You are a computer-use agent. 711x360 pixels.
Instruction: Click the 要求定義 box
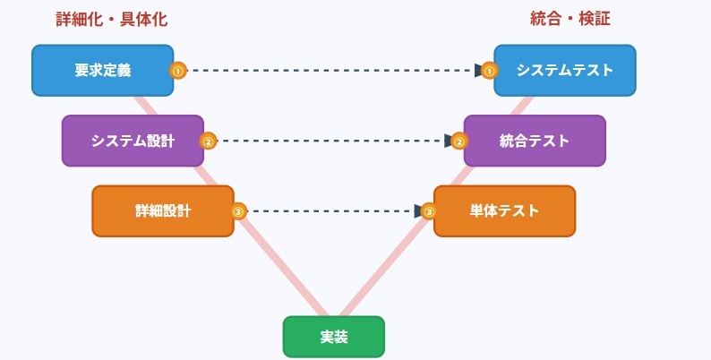point(103,70)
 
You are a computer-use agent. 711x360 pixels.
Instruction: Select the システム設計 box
point(133,141)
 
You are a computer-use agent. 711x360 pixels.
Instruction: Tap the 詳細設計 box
point(163,211)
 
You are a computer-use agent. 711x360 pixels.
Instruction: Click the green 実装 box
point(334,337)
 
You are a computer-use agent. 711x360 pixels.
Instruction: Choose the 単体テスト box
point(504,211)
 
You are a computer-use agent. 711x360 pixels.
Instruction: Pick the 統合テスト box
point(535,141)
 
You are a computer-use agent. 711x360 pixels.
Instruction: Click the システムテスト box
point(565,70)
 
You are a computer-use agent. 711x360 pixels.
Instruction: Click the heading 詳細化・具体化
point(112,19)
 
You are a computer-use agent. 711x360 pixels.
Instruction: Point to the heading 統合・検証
point(570,19)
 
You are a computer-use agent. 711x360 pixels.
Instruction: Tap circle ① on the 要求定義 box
point(177,70)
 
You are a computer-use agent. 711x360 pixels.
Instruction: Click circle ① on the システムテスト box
point(489,70)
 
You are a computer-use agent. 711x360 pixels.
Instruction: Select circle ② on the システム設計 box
point(208,141)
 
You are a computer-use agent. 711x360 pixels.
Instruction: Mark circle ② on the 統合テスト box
point(459,141)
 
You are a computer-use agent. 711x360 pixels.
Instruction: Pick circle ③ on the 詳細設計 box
point(238,211)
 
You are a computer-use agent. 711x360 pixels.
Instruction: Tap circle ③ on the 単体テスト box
point(429,211)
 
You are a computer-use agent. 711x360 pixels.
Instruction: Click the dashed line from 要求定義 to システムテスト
point(331,70)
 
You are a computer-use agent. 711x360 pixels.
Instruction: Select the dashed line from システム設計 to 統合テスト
point(331,141)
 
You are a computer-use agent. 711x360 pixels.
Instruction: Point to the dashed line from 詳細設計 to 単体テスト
point(331,211)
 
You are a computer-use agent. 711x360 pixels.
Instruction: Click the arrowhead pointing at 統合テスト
point(449,141)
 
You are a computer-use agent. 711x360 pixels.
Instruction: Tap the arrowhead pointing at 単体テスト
point(418,211)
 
